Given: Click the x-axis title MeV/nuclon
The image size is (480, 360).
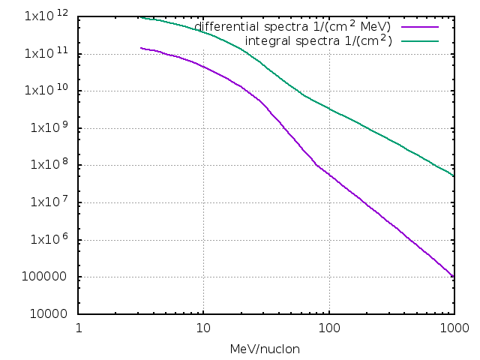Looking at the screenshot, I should point(265,349).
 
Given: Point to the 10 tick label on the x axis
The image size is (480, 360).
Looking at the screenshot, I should point(203,328).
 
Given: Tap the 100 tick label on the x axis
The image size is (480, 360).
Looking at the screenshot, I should point(328,328).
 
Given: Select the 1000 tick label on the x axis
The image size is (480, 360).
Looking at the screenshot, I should point(453,328).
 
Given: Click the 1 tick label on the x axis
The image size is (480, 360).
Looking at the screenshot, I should point(79,328).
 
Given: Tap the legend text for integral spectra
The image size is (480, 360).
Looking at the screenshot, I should point(319,40).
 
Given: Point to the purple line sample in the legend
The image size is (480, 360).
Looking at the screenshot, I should point(419,27).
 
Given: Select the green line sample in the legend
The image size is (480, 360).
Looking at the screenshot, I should point(419,40).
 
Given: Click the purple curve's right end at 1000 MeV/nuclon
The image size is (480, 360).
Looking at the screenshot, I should point(453,276).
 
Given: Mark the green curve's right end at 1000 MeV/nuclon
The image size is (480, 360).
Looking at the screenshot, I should point(453,175).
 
